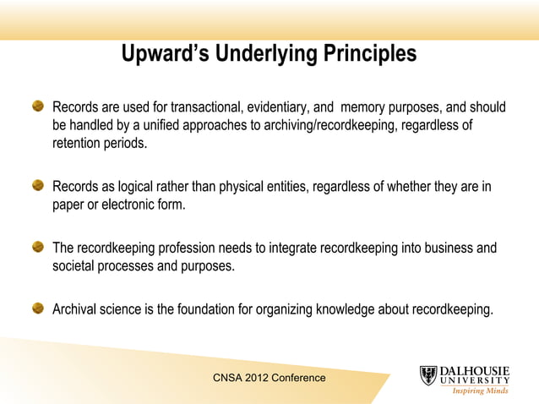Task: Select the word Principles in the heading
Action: coord(369,54)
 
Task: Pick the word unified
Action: coord(161,126)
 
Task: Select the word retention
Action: coord(79,144)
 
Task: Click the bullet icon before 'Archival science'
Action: coord(39,308)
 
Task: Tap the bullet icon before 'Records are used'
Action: coord(39,107)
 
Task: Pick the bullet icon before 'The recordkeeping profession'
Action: coord(39,248)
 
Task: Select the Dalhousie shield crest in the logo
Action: coord(429,375)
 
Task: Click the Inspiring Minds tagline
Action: coord(480,390)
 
